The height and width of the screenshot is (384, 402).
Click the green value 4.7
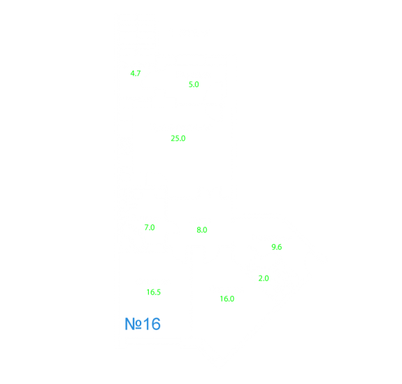[x=136, y=73]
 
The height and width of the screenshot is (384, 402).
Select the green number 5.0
[x=194, y=85]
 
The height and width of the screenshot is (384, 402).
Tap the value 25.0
[x=178, y=138]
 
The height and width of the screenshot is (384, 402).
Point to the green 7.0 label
[x=150, y=227]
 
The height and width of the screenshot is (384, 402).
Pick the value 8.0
[x=202, y=230]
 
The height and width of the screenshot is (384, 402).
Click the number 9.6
[x=277, y=247]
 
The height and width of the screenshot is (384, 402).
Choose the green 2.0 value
[x=264, y=278]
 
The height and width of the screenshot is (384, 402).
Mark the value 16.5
[x=154, y=292]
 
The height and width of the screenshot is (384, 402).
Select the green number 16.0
[x=227, y=299]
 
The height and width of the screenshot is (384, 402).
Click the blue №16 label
[x=143, y=324]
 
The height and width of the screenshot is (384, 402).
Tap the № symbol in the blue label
[x=133, y=324]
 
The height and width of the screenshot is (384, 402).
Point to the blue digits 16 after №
[x=152, y=324]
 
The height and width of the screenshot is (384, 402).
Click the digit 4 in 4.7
[x=132, y=73]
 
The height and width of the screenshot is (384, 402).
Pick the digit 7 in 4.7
[x=138, y=73]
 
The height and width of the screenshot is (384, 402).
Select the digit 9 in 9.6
[x=273, y=247]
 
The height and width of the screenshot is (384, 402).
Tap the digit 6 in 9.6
[x=280, y=247]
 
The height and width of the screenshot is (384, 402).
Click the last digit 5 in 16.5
[x=159, y=292]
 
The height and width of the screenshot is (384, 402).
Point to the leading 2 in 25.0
[x=173, y=138]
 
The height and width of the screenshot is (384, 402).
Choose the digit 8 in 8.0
[x=199, y=230]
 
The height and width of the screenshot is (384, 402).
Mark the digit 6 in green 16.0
[x=225, y=299]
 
